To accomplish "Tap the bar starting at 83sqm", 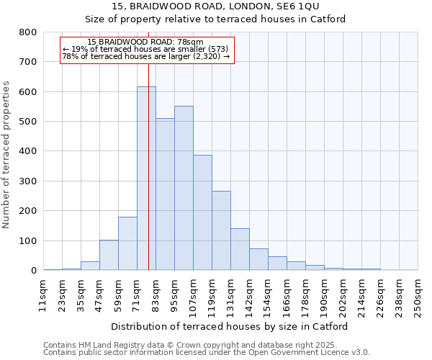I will pyautogui.click(x=165, y=194).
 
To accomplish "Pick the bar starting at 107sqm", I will pyautogui.click(x=202, y=212).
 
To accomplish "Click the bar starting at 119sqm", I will pyautogui.click(x=221, y=230).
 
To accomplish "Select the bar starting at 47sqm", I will pyautogui.click(x=109, y=255).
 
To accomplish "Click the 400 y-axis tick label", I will pyautogui.click(x=28, y=151).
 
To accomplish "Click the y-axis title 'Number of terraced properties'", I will pyautogui.click(x=6, y=155).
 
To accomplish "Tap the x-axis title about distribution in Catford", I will pyautogui.click(x=230, y=326).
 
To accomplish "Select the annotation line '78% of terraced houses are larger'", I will pyautogui.click(x=145, y=56).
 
